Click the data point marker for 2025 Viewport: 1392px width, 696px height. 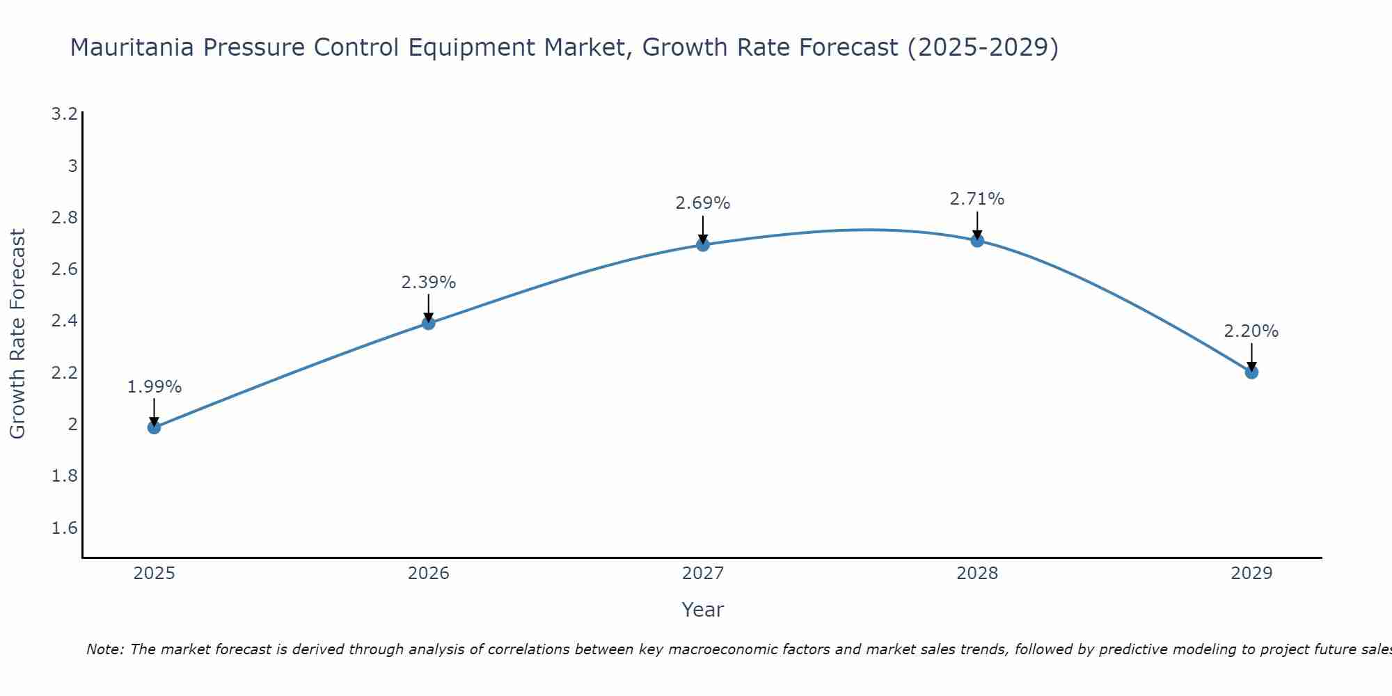[154, 427]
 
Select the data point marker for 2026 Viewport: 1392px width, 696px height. [428, 323]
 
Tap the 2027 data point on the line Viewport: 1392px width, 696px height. [702, 244]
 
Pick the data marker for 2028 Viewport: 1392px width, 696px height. [976, 240]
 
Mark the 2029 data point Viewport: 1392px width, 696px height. [1251, 372]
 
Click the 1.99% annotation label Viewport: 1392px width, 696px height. [154, 387]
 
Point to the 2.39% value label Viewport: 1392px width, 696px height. [428, 283]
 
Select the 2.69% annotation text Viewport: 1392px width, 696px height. [702, 203]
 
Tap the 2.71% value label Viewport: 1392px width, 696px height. [976, 199]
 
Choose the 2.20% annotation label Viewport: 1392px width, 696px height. [1251, 331]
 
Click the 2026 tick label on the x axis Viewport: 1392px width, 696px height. [428, 574]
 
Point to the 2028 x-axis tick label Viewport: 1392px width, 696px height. [976, 574]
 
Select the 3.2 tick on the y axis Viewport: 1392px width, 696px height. [64, 114]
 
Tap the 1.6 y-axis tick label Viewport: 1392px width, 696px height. [64, 528]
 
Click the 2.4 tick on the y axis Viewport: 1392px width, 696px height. [64, 321]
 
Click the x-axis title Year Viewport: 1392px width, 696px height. [702, 610]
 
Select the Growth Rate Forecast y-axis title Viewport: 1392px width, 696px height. [17, 334]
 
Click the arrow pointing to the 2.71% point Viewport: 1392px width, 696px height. [976, 224]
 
